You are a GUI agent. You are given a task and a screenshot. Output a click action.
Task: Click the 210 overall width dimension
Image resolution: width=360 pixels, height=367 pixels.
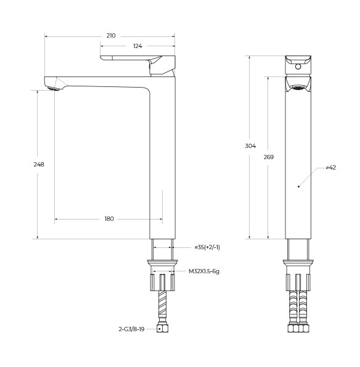point(111,36)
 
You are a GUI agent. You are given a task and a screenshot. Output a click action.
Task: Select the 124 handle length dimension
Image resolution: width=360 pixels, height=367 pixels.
point(137,46)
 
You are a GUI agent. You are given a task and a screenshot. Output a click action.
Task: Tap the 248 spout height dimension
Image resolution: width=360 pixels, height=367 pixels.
point(39,164)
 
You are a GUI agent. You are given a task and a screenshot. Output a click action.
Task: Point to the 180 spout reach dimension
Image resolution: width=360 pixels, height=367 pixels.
point(109,219)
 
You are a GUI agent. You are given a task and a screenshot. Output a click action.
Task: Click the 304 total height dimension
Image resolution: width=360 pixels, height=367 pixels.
point(250,146)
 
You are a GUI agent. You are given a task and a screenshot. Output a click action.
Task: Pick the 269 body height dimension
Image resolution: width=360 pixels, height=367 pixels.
point(268,157)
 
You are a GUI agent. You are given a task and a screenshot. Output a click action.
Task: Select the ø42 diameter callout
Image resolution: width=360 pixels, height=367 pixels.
point(330,168)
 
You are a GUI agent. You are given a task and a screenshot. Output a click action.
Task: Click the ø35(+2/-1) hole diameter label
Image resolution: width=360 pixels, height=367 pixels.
point(207,247)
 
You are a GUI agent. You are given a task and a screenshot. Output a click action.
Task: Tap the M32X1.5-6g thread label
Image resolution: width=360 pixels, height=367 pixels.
point(204,271)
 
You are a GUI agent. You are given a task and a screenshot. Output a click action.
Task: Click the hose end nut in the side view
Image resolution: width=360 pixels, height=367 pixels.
point(163,329)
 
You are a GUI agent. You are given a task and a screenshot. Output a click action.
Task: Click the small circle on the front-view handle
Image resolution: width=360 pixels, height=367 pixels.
point(298,66)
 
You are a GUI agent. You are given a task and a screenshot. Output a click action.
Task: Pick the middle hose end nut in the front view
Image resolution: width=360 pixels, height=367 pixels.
point(298,328)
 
